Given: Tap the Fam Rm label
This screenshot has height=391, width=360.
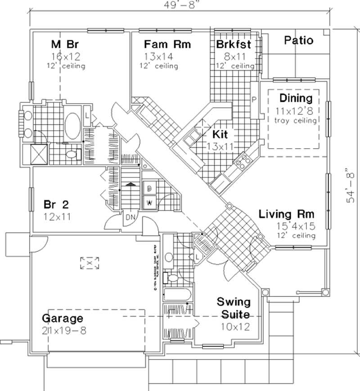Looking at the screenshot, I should click(167, 44).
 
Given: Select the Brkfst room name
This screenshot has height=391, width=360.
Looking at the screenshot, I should click(233, 44).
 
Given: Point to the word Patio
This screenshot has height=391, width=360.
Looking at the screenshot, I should click(299, 40).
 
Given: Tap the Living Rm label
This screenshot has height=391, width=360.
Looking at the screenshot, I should click(286, 214).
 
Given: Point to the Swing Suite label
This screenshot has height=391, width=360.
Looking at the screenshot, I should click(233, 307).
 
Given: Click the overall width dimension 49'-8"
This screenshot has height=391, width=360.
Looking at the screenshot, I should click(178, 5).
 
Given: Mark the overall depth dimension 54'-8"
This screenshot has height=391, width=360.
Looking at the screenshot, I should click(351, 186).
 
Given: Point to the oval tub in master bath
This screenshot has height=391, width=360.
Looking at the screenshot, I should click(72, 126).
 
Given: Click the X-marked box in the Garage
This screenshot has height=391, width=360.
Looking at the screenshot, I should click(90, 263).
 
